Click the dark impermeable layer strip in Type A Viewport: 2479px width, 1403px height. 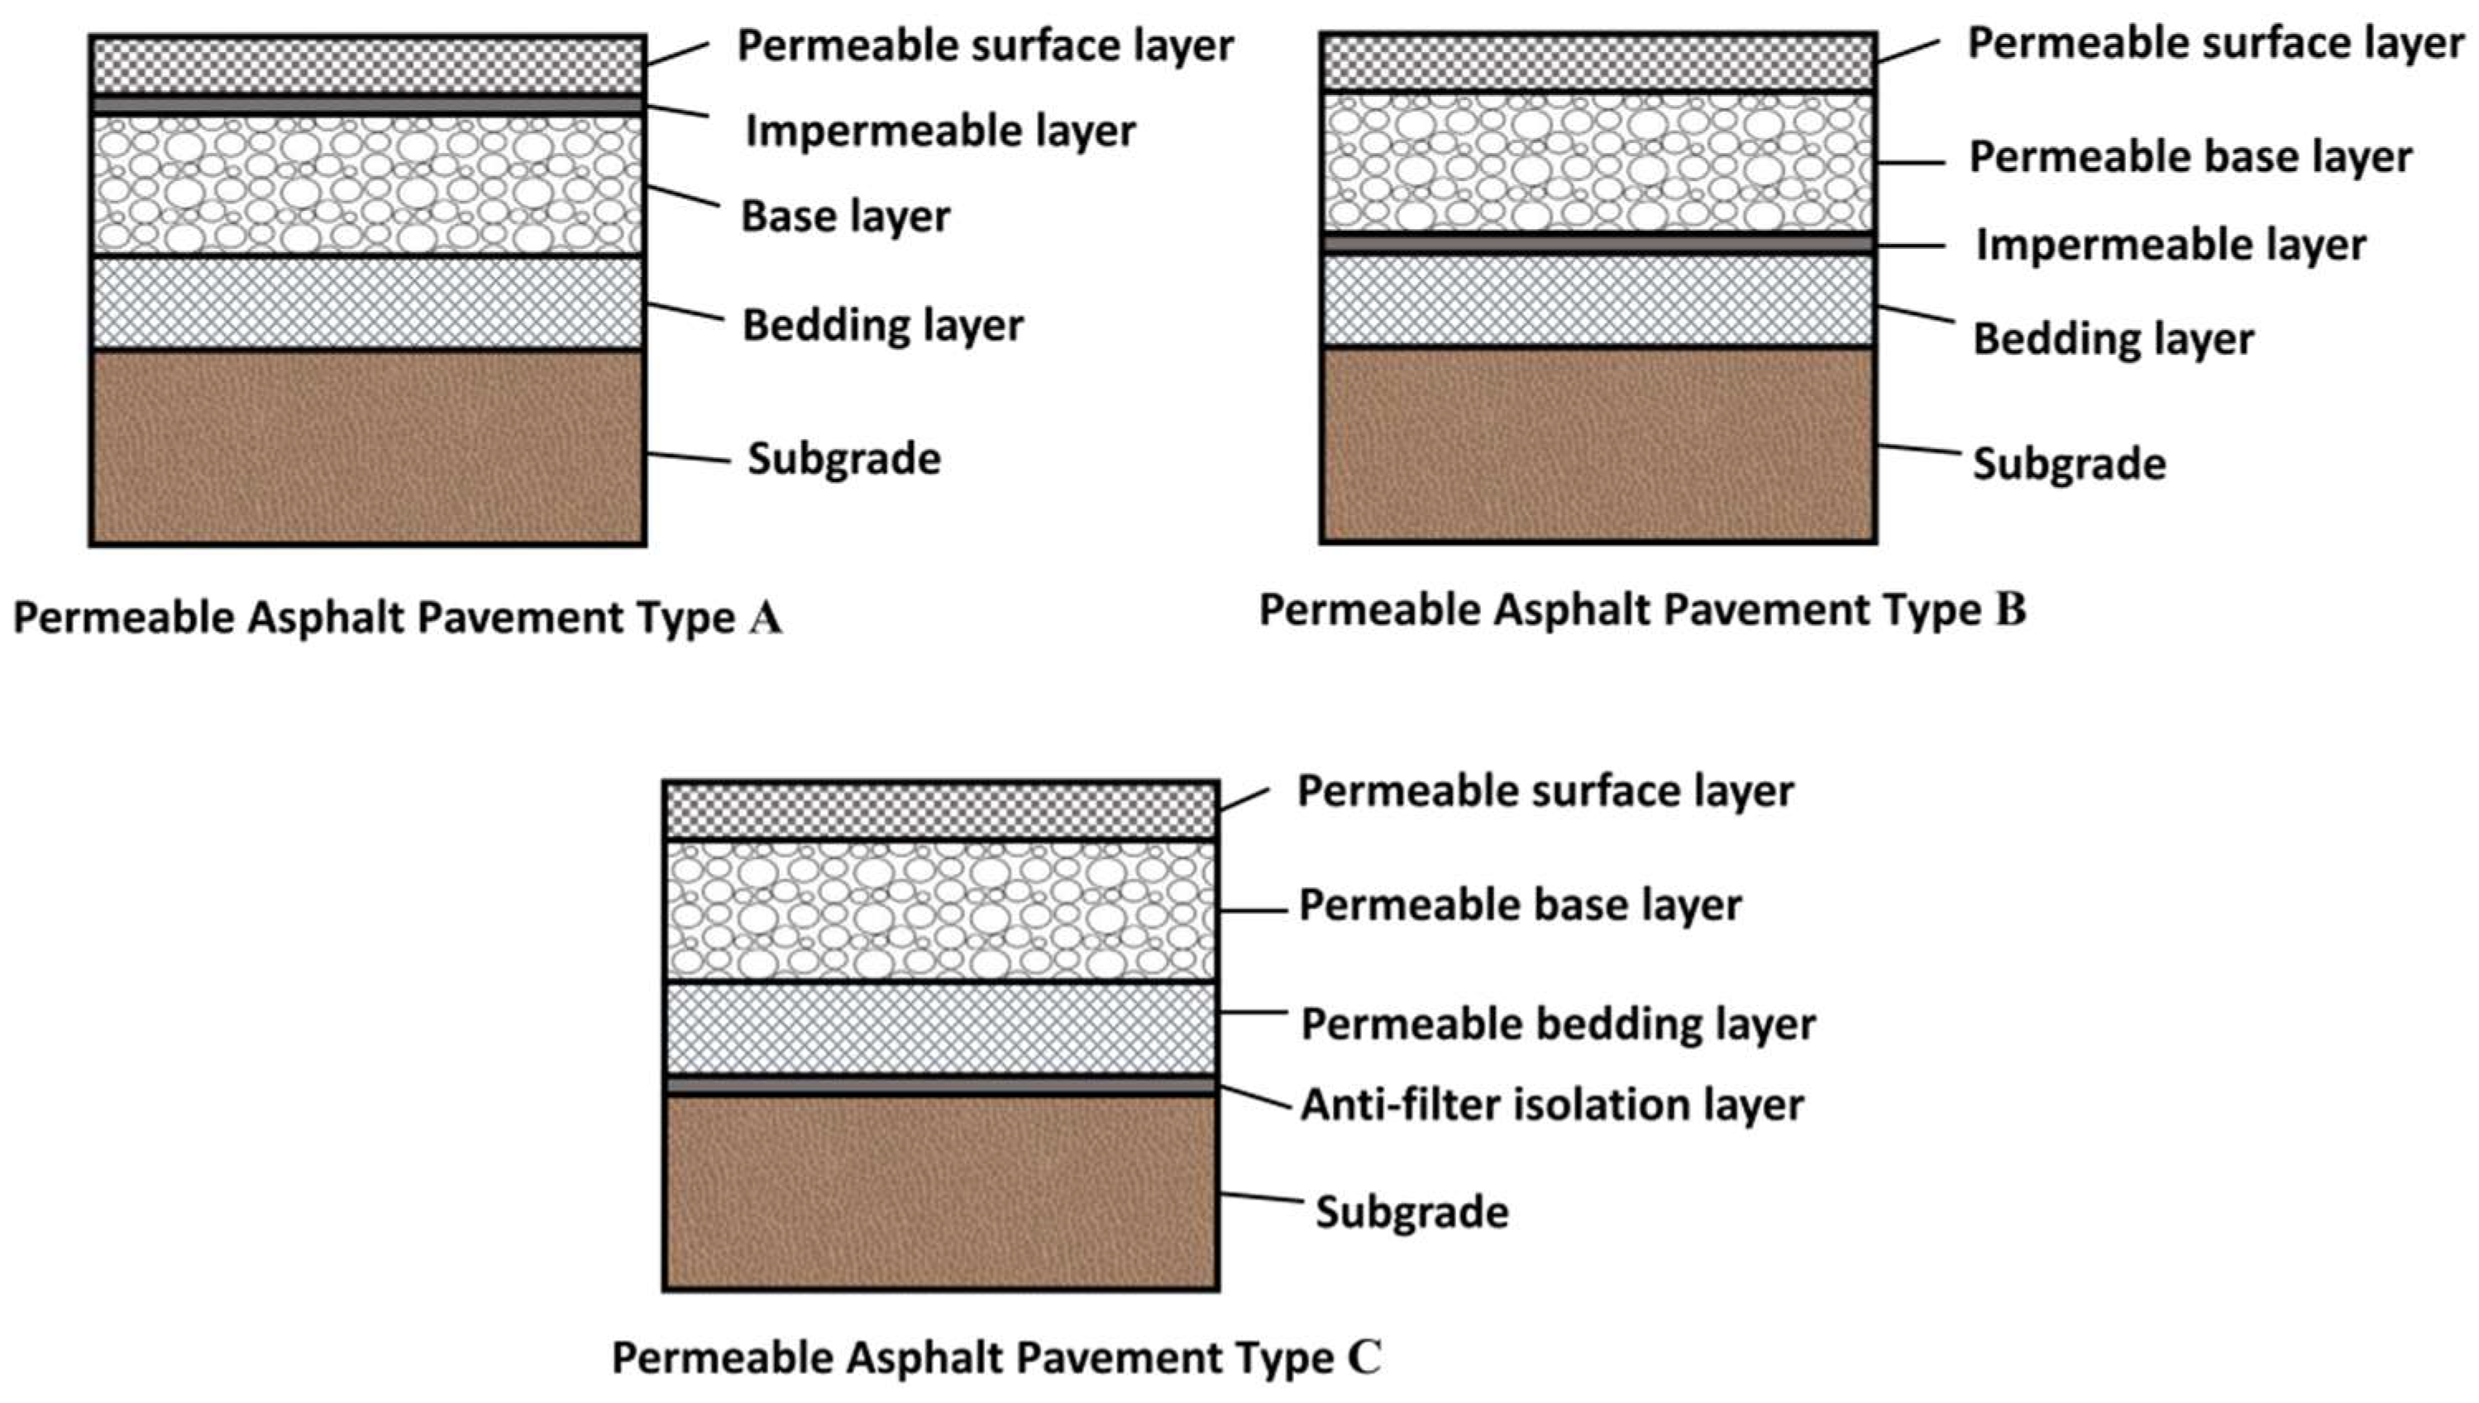(x=366, y=104)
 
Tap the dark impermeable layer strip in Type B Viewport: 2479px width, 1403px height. (x=1598, y=245)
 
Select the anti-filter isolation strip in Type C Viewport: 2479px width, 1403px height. (x=940, y=1086)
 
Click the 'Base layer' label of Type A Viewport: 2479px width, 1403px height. (x=845, y=217)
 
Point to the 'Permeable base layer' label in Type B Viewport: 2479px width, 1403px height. (x=2190, y=157)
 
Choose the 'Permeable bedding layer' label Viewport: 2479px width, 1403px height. (x=1558, y=1024)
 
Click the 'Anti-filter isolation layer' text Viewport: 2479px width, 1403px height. (x=1551, y=1105)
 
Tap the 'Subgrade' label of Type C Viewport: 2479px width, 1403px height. (x=1411, y=1212)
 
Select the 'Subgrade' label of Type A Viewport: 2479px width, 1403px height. (x=844, y=460)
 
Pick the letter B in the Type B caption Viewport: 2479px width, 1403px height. (x=2011, y=610)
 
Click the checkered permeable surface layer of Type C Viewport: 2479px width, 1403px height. (x=940, y=810)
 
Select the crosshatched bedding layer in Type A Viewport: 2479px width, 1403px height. (x=366, y=303)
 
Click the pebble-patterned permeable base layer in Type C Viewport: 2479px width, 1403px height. (x=940, y=910)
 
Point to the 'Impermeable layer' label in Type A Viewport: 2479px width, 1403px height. (x=940, y=131)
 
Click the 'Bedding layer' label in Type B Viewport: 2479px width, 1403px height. (x=2113, y=339)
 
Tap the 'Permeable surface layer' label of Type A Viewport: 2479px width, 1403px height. (x=985, y=46)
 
